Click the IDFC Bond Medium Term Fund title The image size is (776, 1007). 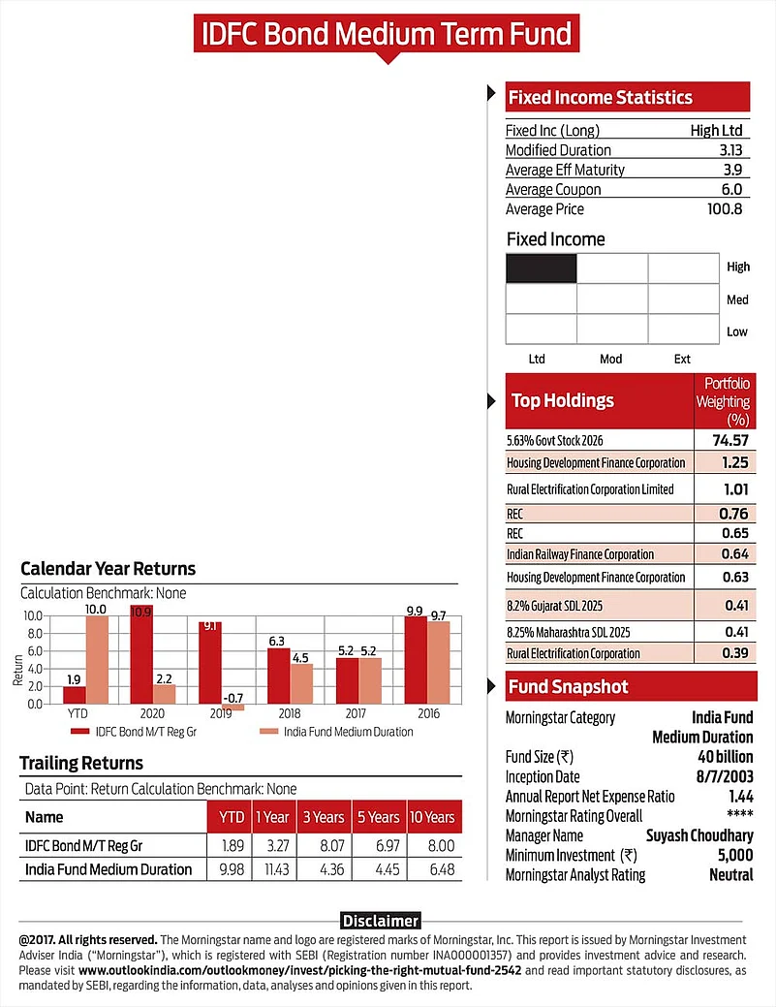click(x=388, y=34)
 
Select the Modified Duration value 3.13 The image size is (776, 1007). click(x=731, y=150)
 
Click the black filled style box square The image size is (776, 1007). click(x=542, y=267)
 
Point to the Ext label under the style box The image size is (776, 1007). click(x=682, y=359)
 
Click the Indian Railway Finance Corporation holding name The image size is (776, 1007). click(x=579, y=554)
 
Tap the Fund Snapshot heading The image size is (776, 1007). click(x=569, y=687)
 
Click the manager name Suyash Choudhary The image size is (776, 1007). click(x=699, y=835)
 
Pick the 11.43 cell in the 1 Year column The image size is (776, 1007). click(x=271, y=868)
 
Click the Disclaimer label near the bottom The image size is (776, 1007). click(x=380, y=921)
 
